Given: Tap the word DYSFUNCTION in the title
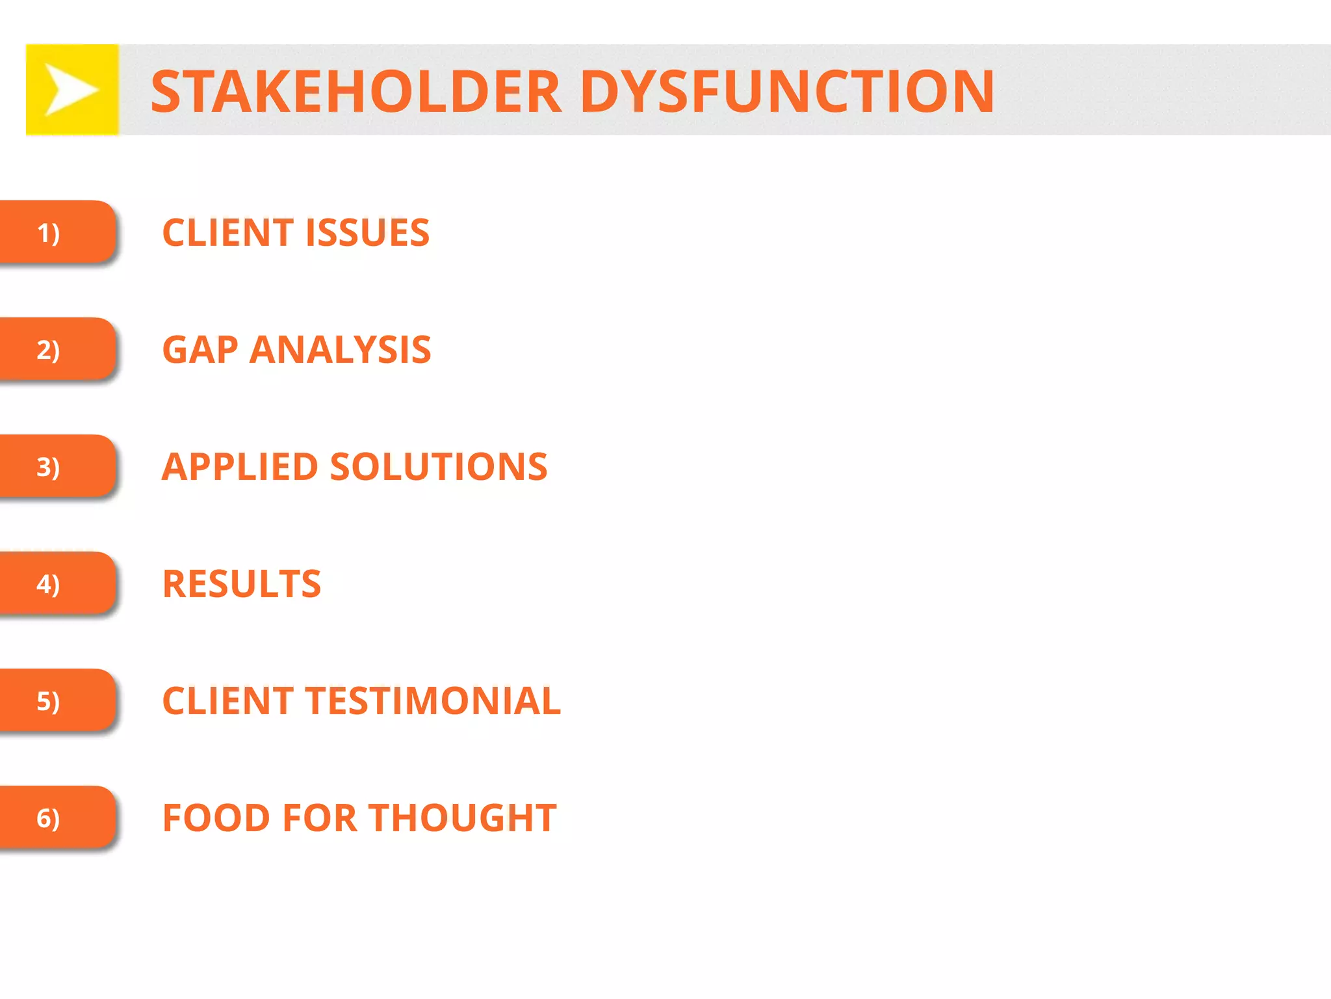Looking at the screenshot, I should coord(786,92).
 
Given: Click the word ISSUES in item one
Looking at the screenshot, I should coord(367,233).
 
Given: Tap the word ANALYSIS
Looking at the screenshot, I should coord(340,350).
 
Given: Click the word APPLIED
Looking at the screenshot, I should coord(240,467).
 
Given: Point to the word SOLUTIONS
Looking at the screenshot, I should coord(439,467).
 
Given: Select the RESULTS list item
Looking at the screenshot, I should coord(242,584).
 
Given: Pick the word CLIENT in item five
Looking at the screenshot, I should coord(227,701).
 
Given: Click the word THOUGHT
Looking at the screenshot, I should coord(463,818).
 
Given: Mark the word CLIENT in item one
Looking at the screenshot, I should coord(227,233).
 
